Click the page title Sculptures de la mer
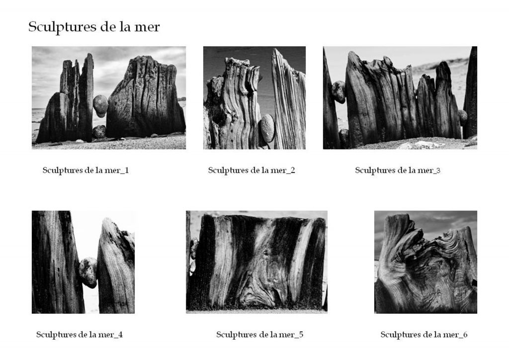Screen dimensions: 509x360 coord(94,27)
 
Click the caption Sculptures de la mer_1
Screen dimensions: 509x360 coord(85,171)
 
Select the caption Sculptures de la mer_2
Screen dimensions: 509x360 coord(252,171)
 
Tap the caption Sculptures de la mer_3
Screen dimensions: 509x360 coord(398,171)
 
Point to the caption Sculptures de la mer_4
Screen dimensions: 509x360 coord(80,335)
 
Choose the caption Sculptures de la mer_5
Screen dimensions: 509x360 coord(259,335)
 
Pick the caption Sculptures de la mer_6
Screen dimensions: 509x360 coord(424,335)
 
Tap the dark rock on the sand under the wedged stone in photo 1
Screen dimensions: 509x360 coord(99,132)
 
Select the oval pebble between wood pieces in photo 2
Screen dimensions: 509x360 coord(267,128)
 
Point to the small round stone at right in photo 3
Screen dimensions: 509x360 coord(463,116)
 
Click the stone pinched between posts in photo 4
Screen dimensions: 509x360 coord(88,272)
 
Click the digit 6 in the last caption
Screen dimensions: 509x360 coord(465,334)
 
